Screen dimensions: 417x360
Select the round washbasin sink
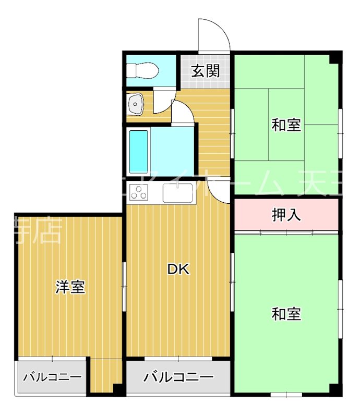pos(136,104)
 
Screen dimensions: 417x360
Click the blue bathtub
pos(139,151)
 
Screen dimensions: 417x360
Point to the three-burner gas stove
pos(139,193)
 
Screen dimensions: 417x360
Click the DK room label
pos(178,269)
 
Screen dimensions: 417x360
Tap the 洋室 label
pos(70,287)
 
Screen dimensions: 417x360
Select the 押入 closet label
pos(286,215)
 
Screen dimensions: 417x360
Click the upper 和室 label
pos(286,125)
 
